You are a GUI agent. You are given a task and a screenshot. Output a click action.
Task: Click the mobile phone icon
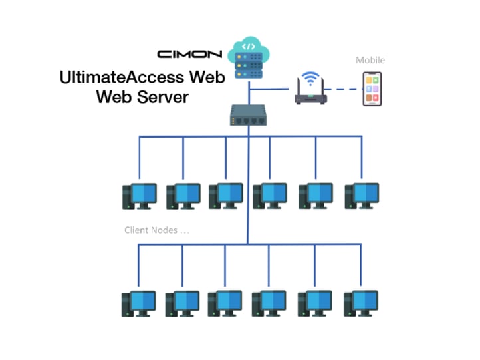pos(372,89)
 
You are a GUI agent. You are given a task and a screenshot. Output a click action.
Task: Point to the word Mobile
pos(370,60)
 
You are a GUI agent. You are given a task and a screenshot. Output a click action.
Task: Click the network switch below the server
pos(249,115)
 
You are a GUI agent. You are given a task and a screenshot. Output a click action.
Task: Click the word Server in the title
pos(164,97)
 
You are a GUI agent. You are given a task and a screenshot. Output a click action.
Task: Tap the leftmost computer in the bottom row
pos(138,303)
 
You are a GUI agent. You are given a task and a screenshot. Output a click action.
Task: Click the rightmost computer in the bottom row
pos(361,303)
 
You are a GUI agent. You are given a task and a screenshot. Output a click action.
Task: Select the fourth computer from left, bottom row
pos(270,303)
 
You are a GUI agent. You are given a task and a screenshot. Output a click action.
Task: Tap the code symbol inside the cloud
pos(248,47)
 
